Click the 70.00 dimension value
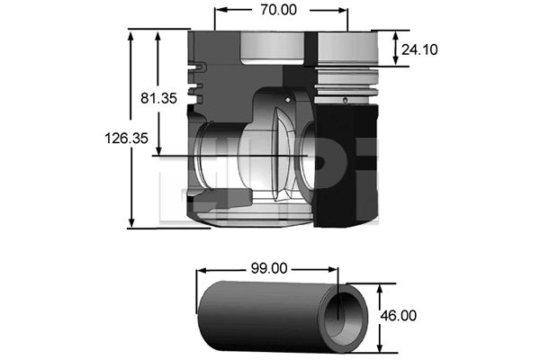[278, 10]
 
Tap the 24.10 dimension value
[419, 49]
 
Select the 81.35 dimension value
[158, 98]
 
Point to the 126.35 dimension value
[126, 139]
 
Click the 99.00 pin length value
[269, 268]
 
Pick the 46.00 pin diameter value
[398, 316]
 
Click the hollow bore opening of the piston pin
[342, 319]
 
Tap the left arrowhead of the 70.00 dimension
[220, 10]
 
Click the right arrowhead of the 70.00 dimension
[342, 10]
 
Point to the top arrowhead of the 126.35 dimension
[130, 35]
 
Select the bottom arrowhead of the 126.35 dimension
[130, 222]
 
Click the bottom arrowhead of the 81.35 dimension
[158, 150]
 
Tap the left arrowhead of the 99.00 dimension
[202, 270]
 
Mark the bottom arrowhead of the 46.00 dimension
[380, 346]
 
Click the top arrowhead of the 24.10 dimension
[396, 37]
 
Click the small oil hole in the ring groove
[345, 100]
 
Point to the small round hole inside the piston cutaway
[288, 100]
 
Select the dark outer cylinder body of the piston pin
[262, 315]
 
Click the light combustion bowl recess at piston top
[272, 49]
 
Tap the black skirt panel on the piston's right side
[347, 166]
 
